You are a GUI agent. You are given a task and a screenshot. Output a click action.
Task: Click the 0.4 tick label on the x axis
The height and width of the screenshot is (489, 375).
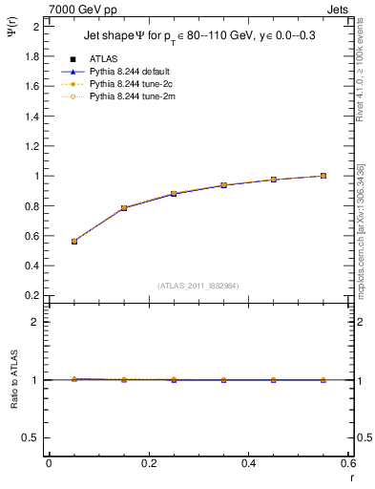[249, 463]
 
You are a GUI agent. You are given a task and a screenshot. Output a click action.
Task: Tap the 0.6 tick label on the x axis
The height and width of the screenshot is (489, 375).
[349, 463]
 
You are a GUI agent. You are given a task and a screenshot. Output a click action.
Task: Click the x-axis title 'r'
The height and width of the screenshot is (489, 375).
[350, 476]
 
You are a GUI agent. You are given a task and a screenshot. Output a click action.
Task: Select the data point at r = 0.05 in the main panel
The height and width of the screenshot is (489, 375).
[74, 242]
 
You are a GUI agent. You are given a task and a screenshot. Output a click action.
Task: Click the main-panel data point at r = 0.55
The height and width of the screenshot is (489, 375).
[323, 176]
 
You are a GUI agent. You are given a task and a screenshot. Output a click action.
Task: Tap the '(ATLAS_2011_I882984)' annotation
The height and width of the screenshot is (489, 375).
[199, 285]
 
